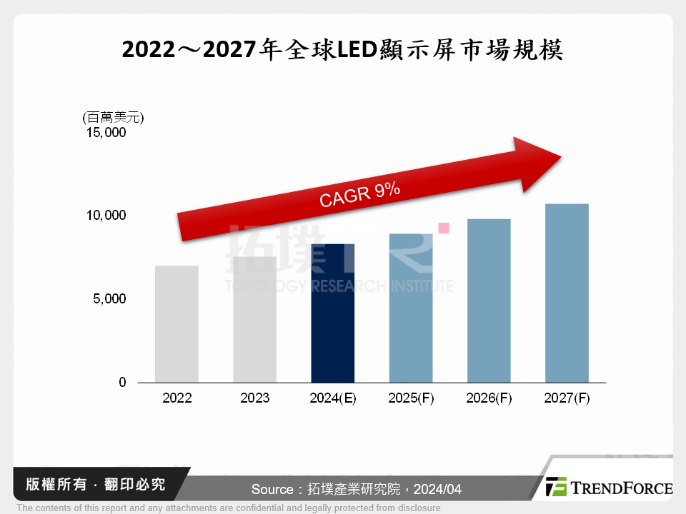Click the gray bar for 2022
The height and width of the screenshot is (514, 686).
click(x=177, y=324)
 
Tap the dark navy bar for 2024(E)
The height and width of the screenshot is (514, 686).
click(x=333, y=313)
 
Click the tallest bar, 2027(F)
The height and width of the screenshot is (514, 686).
click(x=567, y=293)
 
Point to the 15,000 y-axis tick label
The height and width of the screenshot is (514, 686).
click(x=106, y=133)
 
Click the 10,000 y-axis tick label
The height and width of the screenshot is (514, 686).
click(x=106, y=216)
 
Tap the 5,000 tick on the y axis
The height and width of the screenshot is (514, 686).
click(x=110, y=299)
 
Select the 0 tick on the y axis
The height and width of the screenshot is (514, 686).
click(x=122, y=383)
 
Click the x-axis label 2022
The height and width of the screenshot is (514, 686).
click(x=177, y=398)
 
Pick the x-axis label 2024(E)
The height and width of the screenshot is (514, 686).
click(x=333, y=398)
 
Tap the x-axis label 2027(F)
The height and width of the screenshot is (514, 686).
click(x=567, y=398)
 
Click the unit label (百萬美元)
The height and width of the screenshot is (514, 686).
click(x=112, y=116)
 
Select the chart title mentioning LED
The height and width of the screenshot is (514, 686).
click(x=343, y=50)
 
